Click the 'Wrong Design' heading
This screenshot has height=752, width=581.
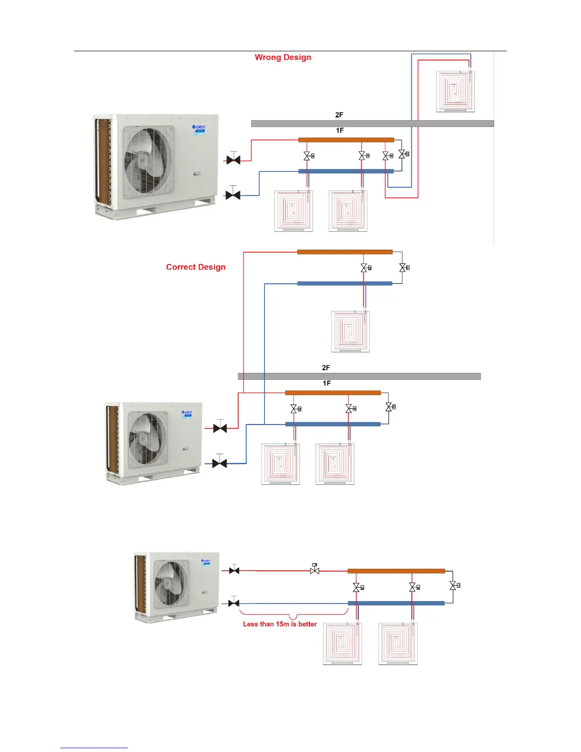tap(283, 57)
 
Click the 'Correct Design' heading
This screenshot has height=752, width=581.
tap(196, 267)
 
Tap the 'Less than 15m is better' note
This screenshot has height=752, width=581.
tap(280, 624)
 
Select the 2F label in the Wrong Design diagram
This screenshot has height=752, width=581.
tap(339, 115)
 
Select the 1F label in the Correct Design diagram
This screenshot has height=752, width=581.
tap(327, 383)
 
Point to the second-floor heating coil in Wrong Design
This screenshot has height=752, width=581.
tap(455, 91)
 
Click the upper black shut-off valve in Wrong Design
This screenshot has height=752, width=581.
tap(233, 160)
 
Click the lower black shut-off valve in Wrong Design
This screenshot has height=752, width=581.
tap(233, 195)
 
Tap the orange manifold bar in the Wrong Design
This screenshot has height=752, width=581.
tap(346, 140)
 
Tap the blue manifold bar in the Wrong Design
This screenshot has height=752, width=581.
tap(346, 171)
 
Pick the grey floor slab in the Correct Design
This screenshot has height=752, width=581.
tap(359, 376)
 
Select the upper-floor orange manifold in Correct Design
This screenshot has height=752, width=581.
tap(345, 252)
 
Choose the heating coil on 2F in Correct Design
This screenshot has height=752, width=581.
tap(350, 331)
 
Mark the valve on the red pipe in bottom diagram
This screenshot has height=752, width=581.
tap(314, 570)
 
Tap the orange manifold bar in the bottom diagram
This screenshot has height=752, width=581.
tap(396, 571)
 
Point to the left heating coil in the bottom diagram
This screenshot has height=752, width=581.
tap(342, 643)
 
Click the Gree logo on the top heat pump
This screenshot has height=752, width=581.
tap(199, 127)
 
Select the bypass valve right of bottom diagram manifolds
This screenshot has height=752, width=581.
tap(454, 586)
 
